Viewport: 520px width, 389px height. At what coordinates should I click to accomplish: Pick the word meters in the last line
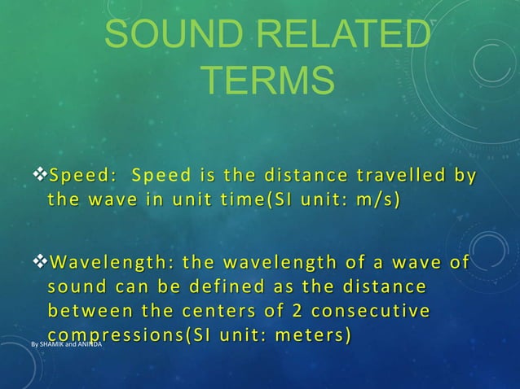315,335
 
